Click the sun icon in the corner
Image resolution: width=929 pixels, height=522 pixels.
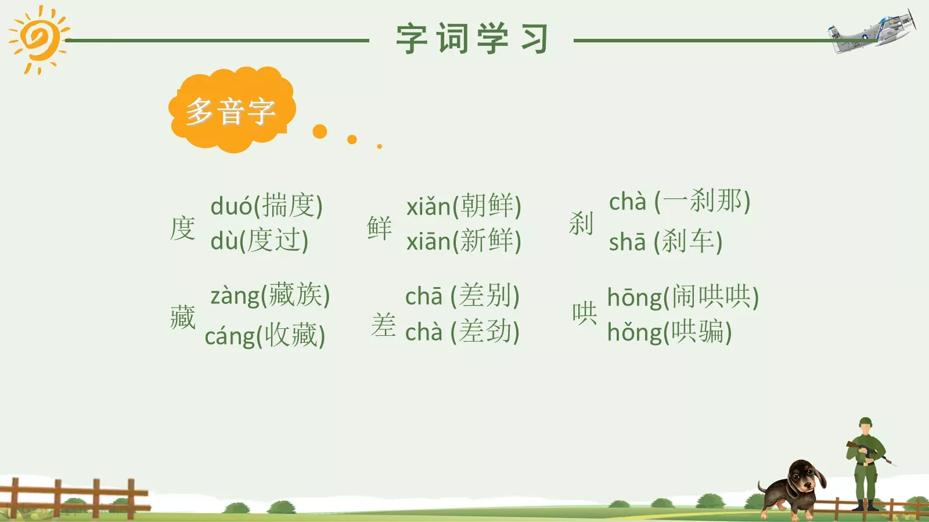point(38,39)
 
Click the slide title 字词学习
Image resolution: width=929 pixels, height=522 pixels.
point(471,39)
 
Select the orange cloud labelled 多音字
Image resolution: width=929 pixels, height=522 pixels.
point(232,110)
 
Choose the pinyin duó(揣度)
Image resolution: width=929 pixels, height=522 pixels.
point(267,206)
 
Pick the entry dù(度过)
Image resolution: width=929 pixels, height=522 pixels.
point(260,240)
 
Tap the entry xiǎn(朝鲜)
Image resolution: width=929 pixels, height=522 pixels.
point(464,206)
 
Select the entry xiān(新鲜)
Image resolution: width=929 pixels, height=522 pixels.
point(464,241)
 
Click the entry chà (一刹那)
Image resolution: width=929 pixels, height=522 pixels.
point(680,201)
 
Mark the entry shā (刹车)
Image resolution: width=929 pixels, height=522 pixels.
point(666,241)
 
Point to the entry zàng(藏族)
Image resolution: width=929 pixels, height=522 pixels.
point(270,295)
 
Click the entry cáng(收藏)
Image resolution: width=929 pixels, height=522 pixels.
point(265,336)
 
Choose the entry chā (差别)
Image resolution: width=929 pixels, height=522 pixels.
point(462,296)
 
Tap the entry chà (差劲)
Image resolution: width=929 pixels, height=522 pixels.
point(462,332)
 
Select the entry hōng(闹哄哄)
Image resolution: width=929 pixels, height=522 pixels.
point(683,297)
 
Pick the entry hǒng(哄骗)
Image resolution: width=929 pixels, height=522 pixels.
point(669,332)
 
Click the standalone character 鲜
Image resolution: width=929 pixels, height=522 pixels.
point(380,227)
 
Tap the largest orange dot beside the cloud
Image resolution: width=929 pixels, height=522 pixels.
point(320,131)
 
